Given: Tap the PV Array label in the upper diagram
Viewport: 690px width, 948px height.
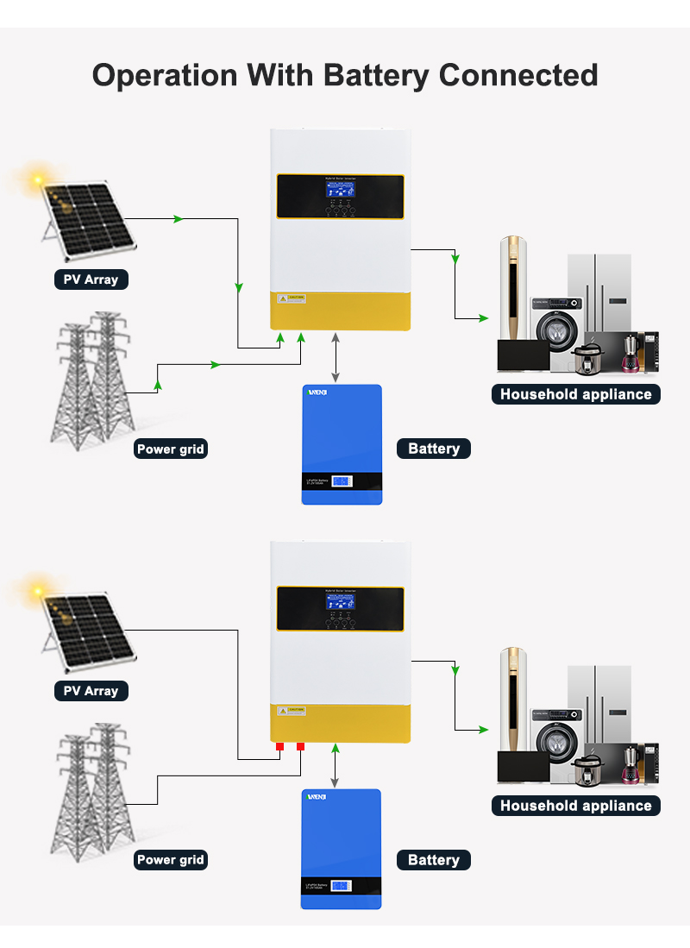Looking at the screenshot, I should tap(91, 279).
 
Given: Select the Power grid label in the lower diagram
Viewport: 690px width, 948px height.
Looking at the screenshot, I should tap(171, 860).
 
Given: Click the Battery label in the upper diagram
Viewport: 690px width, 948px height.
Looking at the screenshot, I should tap(434, 449).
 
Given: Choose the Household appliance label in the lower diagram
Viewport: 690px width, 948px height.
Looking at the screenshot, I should tap(575, 806).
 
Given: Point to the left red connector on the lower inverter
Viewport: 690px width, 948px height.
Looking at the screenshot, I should tap(279, 746).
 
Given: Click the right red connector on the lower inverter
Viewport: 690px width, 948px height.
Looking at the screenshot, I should tap(300, 746).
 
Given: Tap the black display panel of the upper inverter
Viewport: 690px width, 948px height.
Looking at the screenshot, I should tap(340, 196).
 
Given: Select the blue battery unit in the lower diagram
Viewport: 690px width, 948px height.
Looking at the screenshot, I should tap(341, 848).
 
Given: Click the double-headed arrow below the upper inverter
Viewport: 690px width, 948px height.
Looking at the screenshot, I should tap(336, 358).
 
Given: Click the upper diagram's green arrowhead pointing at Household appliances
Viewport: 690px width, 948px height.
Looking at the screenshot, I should tap(484, 318).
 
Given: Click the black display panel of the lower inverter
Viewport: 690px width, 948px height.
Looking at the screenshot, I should tap(340, 608).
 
